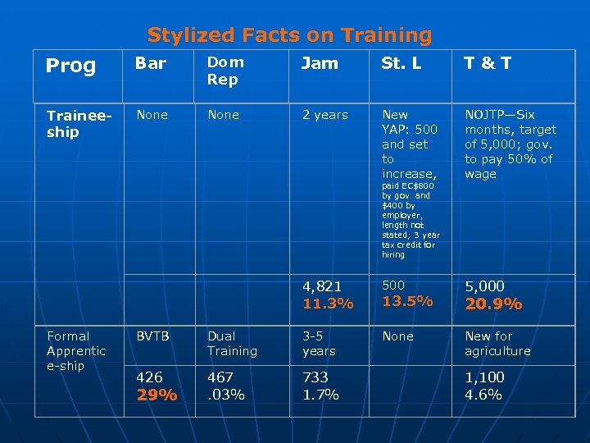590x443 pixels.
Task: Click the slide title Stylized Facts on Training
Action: pyautogui.click(x=289, y=35)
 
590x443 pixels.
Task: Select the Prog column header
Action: pyautogui.click(x=70, y=66)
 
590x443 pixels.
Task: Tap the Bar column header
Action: pyautogui.click(x=151, y=62)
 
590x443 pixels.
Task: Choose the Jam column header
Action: pyautogui.click(x=320, y=62)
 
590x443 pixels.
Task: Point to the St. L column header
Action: pyautogui.click(x=402, y=62)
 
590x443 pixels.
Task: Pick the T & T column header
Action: pyautogui.click(x=489, y=62)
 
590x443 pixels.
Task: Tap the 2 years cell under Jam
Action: pyautogui.click(x=324, y=115)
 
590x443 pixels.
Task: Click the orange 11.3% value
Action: pyautogui.click(x=328, y=304)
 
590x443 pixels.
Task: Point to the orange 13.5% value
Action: pyautogui.click(x=407, y=301)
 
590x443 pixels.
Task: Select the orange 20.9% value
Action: pyautogui.click(x=493, y=304)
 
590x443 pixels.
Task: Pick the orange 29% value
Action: pyautogui.click(x=157, y=395)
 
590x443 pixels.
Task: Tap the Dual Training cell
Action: pyautogui.click(x=232, y=343)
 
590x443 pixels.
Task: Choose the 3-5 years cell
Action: pyautogui.click(x=319, y=343)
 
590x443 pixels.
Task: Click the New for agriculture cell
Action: pyautogui.click(x=497, y=343)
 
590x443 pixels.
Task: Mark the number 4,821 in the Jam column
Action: pyautogui.click(x=322, y=286)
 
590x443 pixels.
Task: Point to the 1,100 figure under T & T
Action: pyautogui.click(x=485, y=377)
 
